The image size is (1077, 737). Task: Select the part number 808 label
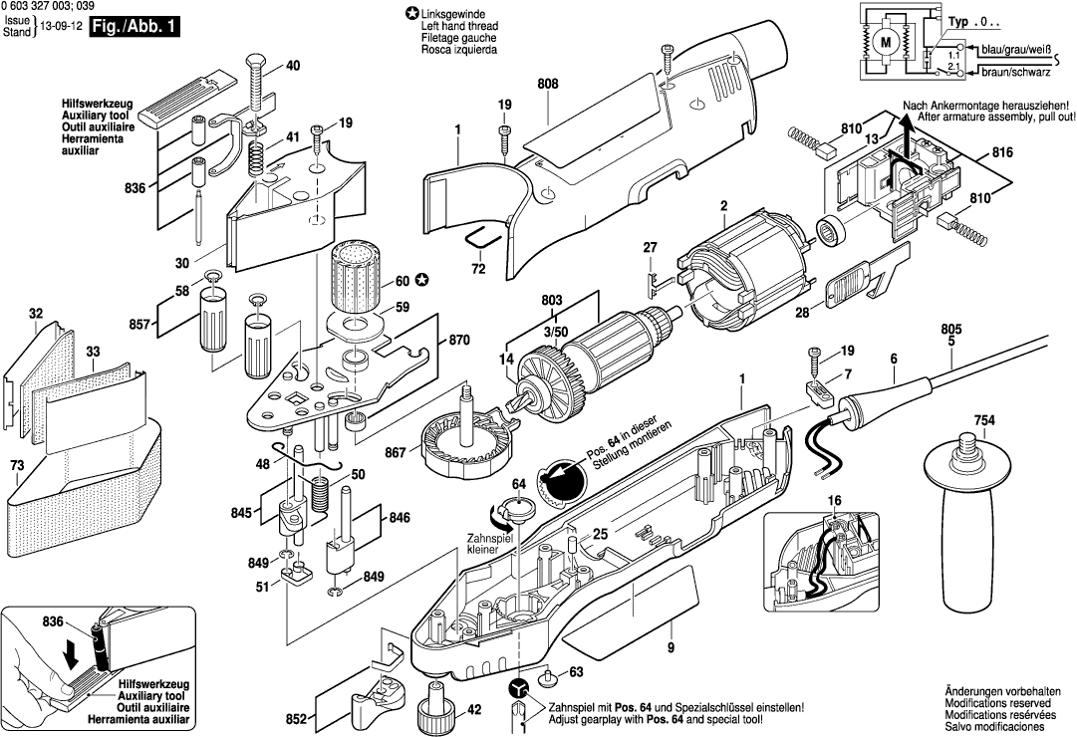pyautogui.click(x=547, y=86)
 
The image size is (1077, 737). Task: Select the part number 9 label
pyautogui.click(x=671, y=648)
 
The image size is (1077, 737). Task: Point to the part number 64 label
pyautogui.click(x=518, y=484)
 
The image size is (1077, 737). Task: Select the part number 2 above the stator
pyautogui.click(x=713, y=207)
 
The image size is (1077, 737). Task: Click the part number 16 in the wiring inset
pyautogui.click(x=834, y=499)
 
